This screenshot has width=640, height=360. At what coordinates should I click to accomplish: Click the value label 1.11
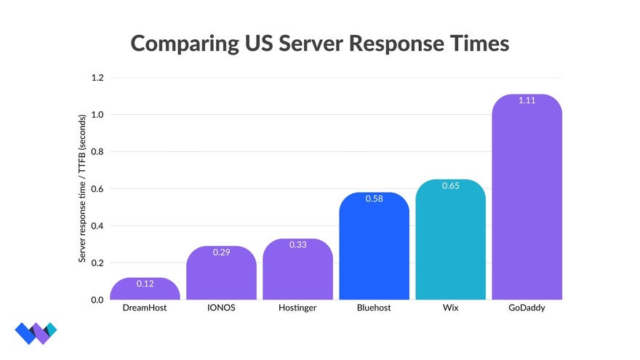527,100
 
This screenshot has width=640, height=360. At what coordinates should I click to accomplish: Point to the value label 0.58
374,199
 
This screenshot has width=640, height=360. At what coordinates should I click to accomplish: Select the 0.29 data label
221,252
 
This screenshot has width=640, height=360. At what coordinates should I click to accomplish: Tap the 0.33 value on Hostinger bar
297,245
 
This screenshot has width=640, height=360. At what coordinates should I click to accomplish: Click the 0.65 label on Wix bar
450,185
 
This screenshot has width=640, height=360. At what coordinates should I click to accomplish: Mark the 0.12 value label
145,284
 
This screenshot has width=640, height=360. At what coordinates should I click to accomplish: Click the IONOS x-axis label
221,308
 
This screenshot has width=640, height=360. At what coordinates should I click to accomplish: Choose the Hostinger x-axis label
297,308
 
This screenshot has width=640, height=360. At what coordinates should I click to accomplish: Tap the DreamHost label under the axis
145,308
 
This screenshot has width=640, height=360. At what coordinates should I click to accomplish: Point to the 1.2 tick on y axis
97,78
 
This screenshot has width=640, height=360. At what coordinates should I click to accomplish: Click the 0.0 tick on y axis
97,300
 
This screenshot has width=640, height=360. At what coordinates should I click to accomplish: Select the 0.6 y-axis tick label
97,189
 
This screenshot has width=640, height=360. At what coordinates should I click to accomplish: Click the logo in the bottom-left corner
35,332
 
